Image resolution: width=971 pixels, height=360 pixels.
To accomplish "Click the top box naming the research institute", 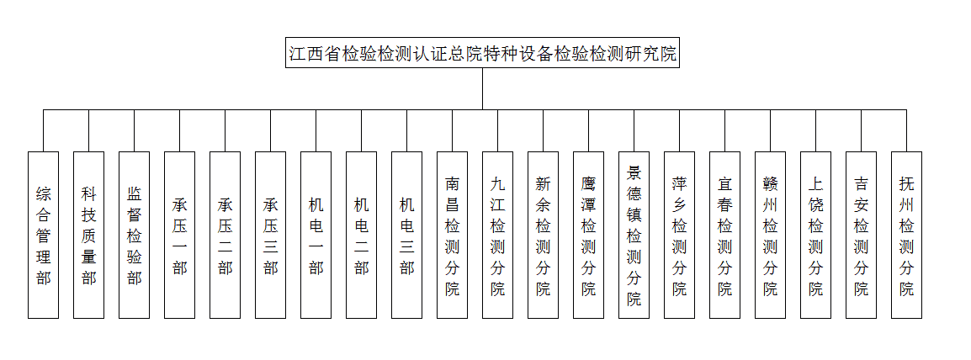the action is point(482,54).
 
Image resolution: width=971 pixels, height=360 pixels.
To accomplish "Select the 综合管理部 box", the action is point(44,235).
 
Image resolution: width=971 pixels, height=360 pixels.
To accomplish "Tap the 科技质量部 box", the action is point(88,235).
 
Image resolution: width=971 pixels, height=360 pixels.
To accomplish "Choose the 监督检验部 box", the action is point(135,235).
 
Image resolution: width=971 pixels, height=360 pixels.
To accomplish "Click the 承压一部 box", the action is point(179,235).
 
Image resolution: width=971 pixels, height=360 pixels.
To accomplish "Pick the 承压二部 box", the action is point(225,235).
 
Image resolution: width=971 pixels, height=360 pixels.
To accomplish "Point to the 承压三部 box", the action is point(271,235).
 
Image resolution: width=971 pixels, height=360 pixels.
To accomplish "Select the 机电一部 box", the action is point(316,235).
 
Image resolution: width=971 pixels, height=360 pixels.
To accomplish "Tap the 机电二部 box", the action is point(361,235).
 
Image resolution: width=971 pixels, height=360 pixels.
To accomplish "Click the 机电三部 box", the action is point(407,235).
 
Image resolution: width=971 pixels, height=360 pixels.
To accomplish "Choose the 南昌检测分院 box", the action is point(452,235).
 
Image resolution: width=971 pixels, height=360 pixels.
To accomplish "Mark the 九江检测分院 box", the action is point(498,235).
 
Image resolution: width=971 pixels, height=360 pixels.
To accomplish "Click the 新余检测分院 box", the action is point(543,235).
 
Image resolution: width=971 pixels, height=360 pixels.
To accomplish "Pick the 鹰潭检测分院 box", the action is point(588,235).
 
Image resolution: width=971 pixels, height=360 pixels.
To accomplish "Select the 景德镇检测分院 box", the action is point(634,235).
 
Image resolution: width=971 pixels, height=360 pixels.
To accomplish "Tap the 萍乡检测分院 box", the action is point(679,235).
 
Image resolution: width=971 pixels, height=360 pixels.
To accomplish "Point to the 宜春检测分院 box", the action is point(724,235).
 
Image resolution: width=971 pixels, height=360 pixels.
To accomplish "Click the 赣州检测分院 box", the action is point(771,235).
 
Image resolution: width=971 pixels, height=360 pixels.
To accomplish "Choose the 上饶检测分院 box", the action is point(815,235).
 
